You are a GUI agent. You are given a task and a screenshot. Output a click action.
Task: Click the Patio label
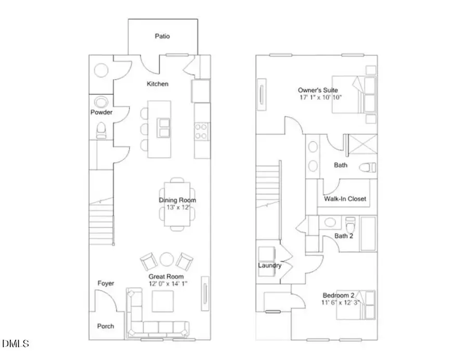coord(162,36)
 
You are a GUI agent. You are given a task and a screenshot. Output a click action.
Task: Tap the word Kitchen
coord(158,84)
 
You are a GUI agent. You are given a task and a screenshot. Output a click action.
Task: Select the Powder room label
coord(101,112)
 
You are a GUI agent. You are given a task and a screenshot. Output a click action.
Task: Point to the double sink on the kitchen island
coord(164,127)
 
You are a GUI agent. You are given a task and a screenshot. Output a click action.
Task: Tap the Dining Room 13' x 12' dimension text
coord(177,207)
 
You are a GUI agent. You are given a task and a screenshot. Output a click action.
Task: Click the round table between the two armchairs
coord(167,260)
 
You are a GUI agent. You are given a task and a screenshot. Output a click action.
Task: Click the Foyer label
coord(106,283)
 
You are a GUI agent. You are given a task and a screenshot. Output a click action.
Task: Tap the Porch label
coord(106,326)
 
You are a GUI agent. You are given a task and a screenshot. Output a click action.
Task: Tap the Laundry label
coord(270,265)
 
